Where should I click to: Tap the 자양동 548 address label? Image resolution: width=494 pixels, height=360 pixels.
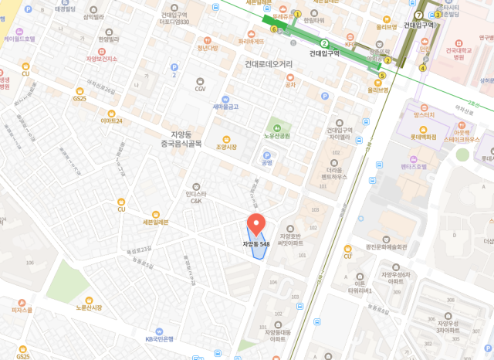tap(256, 244)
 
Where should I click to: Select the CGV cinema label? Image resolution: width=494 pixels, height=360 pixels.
tap(200, 89)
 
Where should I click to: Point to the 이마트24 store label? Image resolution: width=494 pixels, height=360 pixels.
tap(111, 121)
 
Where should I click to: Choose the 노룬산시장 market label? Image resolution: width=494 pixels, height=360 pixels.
tap(89, 307)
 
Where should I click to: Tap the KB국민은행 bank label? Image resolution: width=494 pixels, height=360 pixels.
tap(161, 338)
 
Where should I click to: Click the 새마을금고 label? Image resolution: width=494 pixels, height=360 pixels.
tap(225, 106)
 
